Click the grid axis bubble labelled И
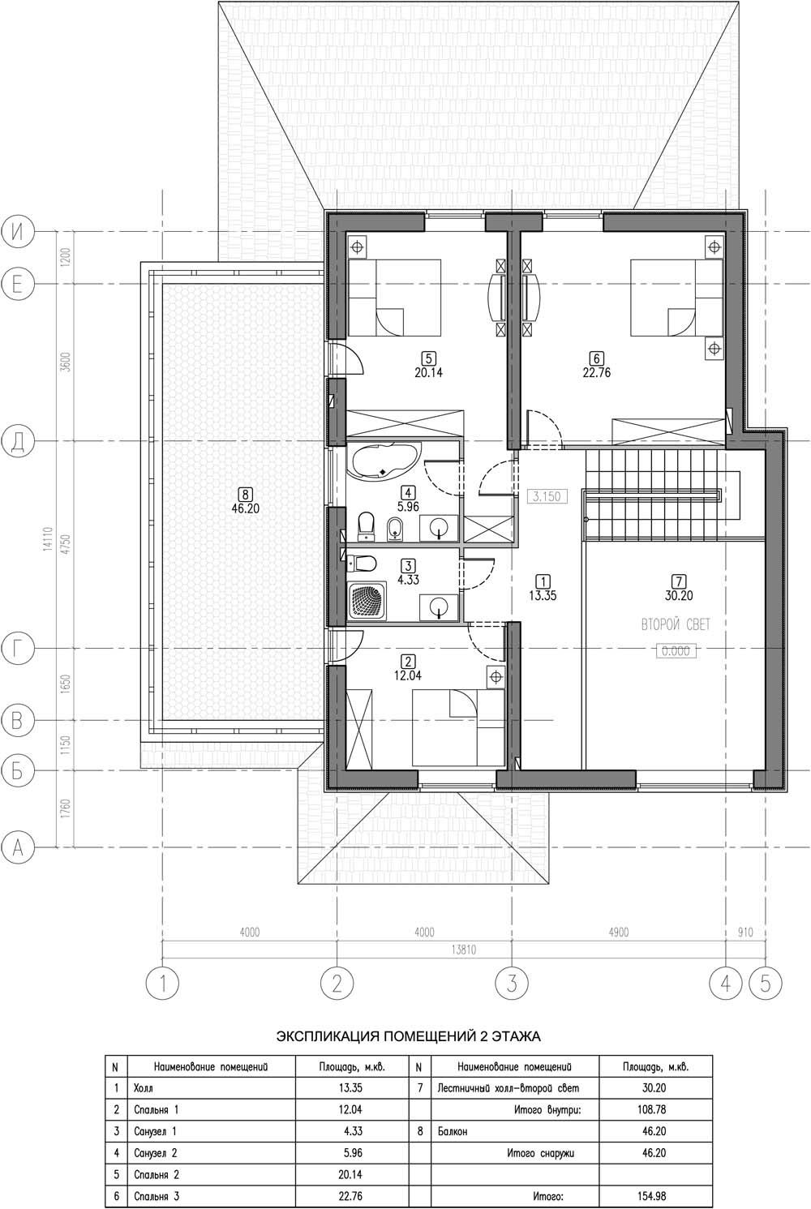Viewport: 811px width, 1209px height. pos(18,232)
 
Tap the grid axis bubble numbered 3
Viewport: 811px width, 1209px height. pos(512,983)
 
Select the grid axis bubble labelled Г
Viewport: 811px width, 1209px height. pos(18,648)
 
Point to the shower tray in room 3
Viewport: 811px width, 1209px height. pos(367,601)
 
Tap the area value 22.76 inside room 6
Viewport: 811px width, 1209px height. pos(597,372)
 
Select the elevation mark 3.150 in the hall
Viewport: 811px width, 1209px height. pos(547,496)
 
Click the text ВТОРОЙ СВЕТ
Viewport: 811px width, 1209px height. pos(676,625)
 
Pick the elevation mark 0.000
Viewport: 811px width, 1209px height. pos(676,651)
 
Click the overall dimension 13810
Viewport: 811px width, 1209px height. pos(463,950)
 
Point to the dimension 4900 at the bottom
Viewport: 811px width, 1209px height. pos(618,932)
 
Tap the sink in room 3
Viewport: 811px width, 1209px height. pos(440,607)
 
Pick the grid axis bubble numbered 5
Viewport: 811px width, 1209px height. pos(766,983)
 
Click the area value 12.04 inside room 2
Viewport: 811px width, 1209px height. pos(408,675)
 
